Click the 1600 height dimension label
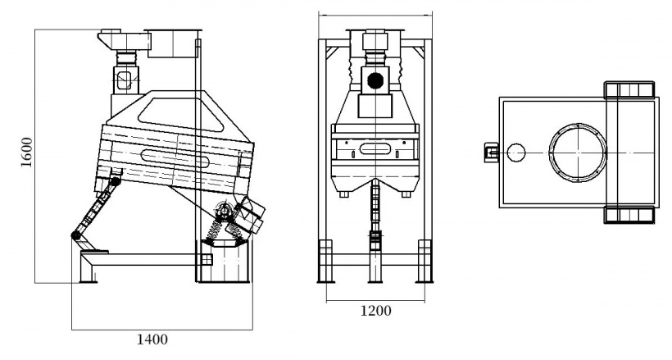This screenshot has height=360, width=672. tap(26, 153)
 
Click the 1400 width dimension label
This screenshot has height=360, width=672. tap(152, 339)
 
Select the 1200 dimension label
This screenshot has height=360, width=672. tap(375, 310)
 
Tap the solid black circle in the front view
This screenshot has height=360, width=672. tap(375, 80)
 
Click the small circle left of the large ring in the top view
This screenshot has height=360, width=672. tap(516, 153)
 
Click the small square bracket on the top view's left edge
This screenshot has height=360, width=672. tap(491, 153)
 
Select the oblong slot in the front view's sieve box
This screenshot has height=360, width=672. tap(375, 148)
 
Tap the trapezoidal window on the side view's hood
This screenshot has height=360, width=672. tap(181, 113)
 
